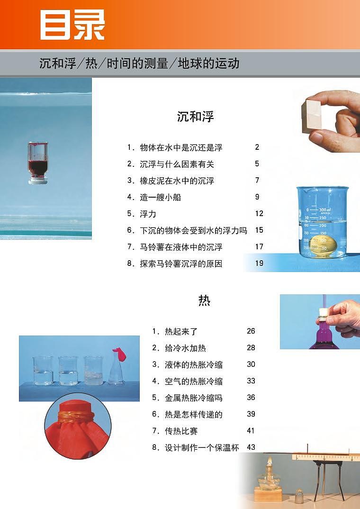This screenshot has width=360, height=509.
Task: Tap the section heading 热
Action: click(204, 300)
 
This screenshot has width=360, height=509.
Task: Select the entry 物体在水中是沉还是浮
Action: click(181, 147)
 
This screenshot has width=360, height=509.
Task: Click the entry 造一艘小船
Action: click(160, 197)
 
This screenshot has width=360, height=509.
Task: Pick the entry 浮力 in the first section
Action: click(148, 214)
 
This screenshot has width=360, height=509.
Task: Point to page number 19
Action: click(259, 263)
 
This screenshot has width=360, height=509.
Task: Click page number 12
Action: click(259, 214)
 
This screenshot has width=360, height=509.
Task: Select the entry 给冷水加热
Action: click(185, 348)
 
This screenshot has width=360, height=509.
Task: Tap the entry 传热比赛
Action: click(181, 431)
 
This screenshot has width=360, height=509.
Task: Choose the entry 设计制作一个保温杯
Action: click(202, 447)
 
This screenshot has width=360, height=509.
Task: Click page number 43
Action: click(251, 447)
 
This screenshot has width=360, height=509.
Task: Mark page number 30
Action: click(251, 364)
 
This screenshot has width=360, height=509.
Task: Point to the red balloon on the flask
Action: click(118, 353)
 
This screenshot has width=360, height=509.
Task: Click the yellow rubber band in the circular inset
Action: click(76, 417)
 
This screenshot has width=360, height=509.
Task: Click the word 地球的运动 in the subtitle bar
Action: click(208, 64)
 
